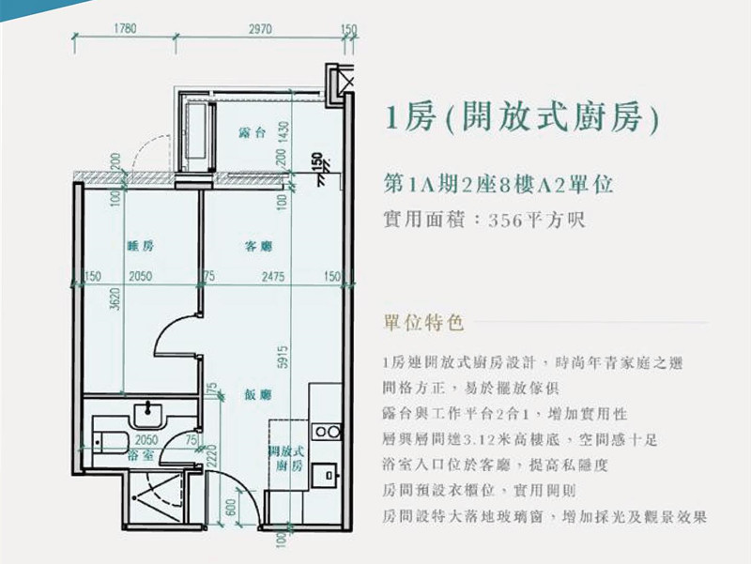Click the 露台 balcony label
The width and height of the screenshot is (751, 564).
tap(252, 132)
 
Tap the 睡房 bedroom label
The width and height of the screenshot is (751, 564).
tap(140, 246)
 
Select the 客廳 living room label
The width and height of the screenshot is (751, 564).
tap(258, 247)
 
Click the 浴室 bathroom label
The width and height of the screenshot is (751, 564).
tap(141, 455)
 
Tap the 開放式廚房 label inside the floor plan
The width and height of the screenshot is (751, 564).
tap(286, 458)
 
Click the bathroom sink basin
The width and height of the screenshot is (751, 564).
tap(149, 415)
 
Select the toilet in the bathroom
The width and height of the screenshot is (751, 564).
tap(110, 442)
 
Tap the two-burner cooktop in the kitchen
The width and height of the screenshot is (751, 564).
tap(327, 432)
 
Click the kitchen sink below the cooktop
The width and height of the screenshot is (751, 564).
tap(326, 475)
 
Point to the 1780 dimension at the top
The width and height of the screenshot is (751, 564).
tap(125, 29)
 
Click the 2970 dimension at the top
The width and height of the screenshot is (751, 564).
tap(260, 29)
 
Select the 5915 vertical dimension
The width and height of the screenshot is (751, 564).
tap(284, 358)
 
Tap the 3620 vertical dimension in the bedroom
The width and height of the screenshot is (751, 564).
tap(115, 299)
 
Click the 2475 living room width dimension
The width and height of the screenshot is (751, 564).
tap(273, 276)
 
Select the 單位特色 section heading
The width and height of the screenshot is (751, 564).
tap(424, 322)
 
